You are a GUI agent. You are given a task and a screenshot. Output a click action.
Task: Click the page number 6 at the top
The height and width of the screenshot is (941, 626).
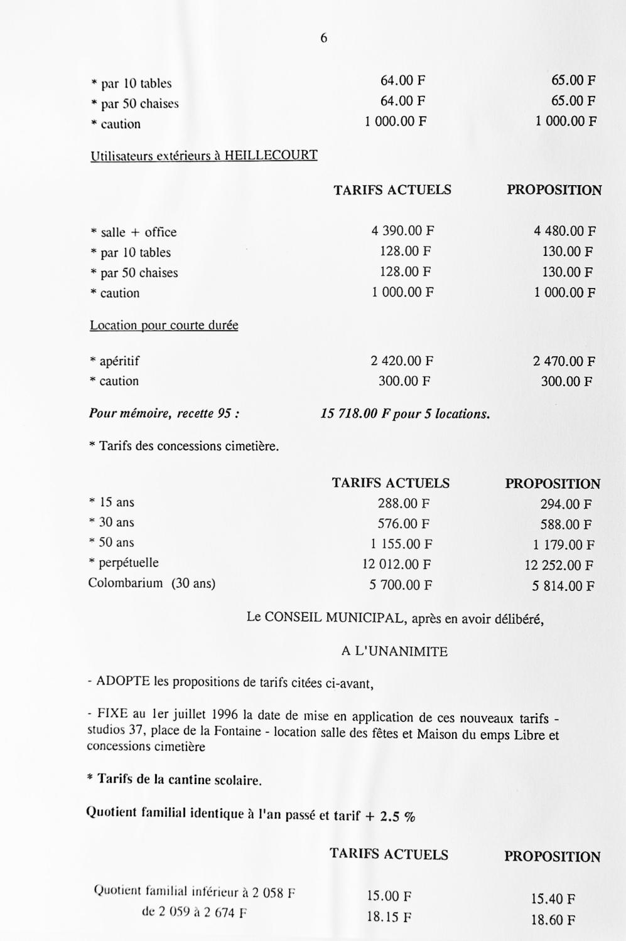click(324, 38)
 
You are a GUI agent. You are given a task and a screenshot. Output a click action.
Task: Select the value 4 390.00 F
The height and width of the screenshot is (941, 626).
click(402, 231)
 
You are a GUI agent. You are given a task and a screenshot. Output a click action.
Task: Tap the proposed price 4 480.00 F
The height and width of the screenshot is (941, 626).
click(564, 231)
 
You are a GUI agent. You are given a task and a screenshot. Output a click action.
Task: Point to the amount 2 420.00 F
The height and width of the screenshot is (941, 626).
click(402, 361)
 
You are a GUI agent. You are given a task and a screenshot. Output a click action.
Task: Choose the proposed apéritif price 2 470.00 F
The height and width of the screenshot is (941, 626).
click(564, 361)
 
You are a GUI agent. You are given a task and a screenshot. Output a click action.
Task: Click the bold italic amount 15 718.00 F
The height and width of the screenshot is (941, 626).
click(355, 414)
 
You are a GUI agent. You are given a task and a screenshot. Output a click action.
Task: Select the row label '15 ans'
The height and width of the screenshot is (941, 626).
click(116, 502)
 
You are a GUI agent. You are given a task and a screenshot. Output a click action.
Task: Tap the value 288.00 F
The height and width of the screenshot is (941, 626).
click(403, 503)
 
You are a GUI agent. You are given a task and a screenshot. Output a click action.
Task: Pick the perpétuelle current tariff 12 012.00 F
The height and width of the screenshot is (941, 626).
click(396, 564)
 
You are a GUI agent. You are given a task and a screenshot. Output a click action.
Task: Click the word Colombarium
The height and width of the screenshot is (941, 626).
click(125, 583)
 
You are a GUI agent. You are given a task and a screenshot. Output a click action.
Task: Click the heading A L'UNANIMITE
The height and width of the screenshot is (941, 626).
click(394, 651)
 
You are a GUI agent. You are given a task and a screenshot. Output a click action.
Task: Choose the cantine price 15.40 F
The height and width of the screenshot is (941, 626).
click(553, 898)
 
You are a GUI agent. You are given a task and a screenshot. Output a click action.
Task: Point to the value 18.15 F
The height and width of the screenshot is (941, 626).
click(389, 917)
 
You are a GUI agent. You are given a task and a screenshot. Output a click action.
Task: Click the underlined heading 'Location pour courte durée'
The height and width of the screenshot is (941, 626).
click(164, 326)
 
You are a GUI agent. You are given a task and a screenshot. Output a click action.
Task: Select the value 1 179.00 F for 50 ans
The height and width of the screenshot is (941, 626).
click(559, 545)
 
